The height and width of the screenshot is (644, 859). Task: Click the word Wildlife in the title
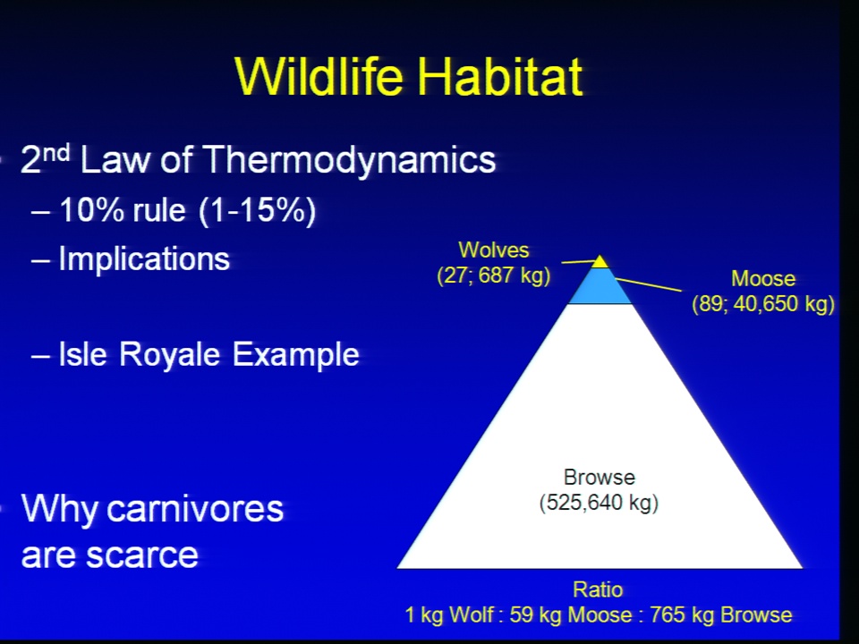click(x=319, y=76)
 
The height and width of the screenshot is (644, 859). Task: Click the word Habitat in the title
click(x=500, y=76)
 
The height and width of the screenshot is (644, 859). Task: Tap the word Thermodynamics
click(x=350, y=160)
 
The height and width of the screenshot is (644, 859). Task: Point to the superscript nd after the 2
click(x=56, y=152)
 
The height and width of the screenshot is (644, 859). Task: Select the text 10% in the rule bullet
click(x=91, y=209)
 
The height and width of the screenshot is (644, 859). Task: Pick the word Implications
click(x=144, y=259)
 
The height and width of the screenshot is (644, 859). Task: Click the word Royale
click(x=169, y=355)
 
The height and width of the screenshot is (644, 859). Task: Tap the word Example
click(x=296, y=355)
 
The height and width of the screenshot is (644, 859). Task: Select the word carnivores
click(x=195, y=509)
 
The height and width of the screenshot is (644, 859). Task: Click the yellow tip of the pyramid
click(x=600, y=262)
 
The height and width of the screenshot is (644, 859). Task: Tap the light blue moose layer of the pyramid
click(x=600, y=286)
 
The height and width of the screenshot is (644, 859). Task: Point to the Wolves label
click(x=494, y=250)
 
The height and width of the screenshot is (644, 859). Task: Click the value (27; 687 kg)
click(x=494, y=275)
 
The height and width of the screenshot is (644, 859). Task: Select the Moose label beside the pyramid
click(x=763, y=279)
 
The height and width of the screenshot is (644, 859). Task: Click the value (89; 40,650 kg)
click(x=763, y=303)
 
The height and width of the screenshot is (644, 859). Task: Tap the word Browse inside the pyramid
click(x=600, y=478)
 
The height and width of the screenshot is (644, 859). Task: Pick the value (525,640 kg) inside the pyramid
click(x=599, y=503)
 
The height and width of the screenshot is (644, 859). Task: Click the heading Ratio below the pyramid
click(x=598, y=589)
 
